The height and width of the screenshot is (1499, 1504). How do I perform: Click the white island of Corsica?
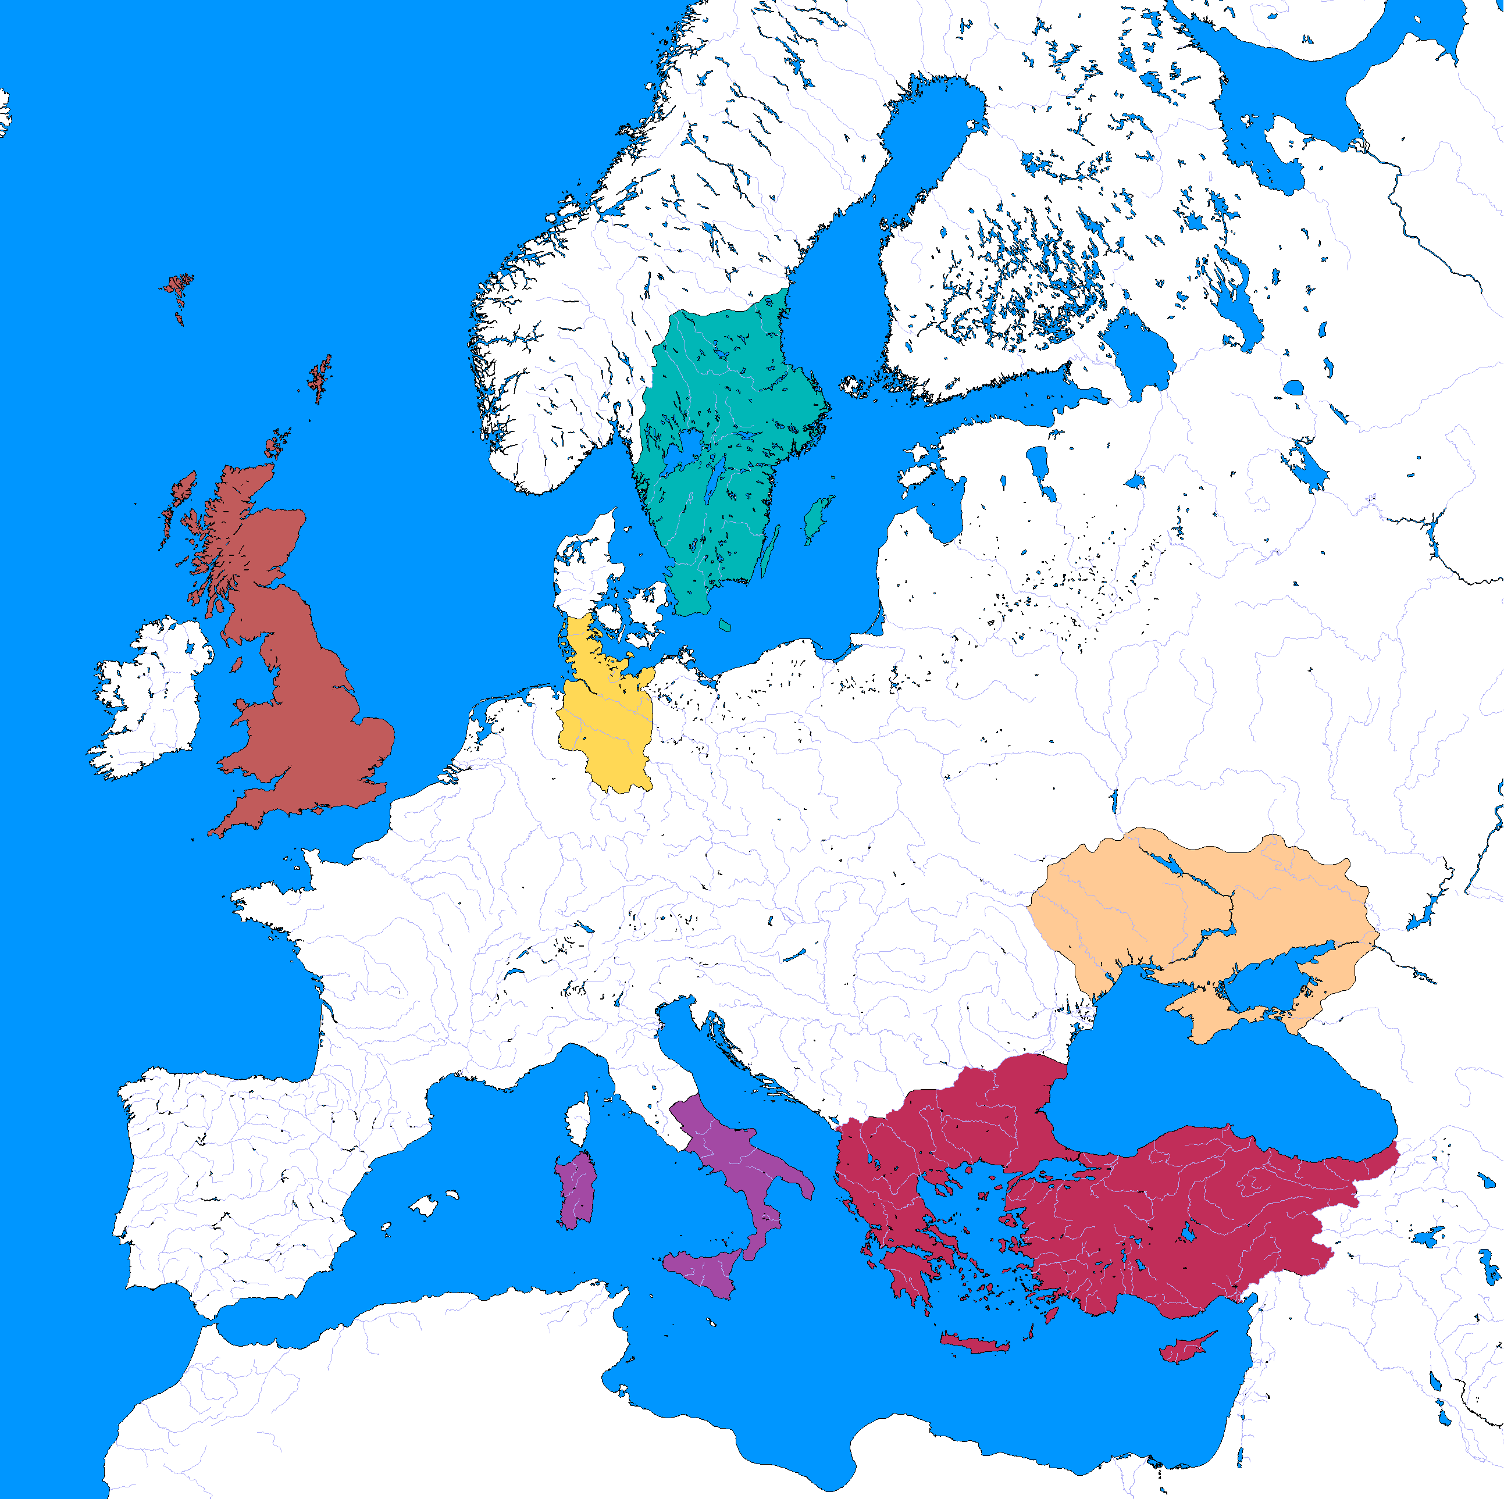[579, 1120]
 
